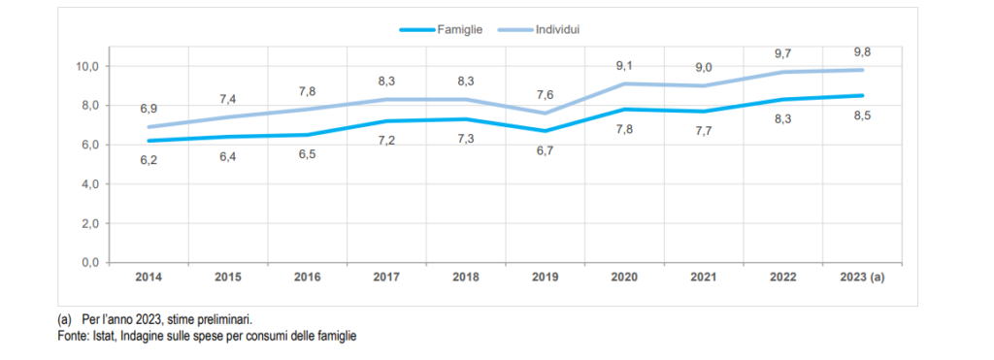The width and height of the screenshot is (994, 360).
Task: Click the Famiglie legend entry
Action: [442, 29]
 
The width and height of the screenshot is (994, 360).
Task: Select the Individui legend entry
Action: [539, 29]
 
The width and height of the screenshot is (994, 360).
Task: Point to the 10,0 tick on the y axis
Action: [88, 67]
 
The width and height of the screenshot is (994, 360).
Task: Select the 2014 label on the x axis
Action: [149, 278]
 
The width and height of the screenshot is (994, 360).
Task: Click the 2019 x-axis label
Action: [545, 278]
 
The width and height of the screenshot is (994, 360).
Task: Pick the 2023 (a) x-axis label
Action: [862, 278]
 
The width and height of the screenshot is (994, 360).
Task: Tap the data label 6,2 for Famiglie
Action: [149, 160]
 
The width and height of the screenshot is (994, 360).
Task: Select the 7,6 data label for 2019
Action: [546, 95]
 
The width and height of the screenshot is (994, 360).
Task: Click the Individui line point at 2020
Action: [624, 83]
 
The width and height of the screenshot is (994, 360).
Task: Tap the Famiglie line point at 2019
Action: [546, 131]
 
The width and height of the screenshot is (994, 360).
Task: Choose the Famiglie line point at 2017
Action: [386, 121]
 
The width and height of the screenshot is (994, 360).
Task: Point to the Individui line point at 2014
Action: [149, 127]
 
